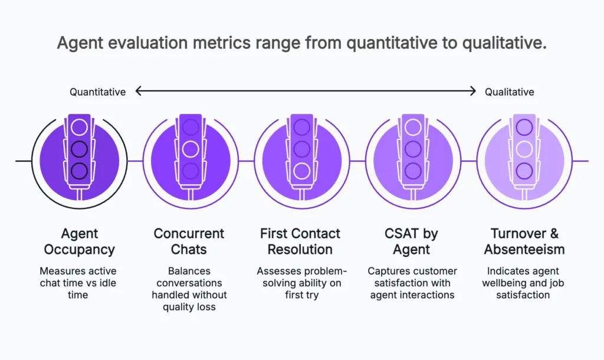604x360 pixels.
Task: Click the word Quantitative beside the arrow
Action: pyautogui.click(x=97, y=91)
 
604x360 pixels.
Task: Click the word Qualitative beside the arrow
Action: pyautogui.click(x=509, y=91)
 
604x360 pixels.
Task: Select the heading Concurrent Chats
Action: pyautogui.click(x=189, y=241)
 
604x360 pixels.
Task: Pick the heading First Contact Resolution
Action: pyautogui.click(x=300, y=241)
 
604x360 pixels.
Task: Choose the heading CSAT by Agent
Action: pyautogui.click(x=411, y=241)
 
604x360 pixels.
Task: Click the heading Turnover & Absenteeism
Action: pyautogui.click(x=524, y=241)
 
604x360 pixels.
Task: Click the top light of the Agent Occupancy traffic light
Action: pyautogui.click(x=79, y=127)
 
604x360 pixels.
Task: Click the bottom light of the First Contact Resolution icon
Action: pyautogui.click(x=301, y=171)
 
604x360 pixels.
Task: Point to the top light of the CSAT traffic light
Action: pyautogui.click(x=412, y=127)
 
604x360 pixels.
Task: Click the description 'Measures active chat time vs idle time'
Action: pyautogui.click(x=78, y=283)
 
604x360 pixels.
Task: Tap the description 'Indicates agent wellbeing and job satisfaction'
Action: pyautogui.click(x=524, y=283)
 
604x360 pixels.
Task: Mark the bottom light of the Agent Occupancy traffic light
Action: pyautogui.click(x=79, y=171)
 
